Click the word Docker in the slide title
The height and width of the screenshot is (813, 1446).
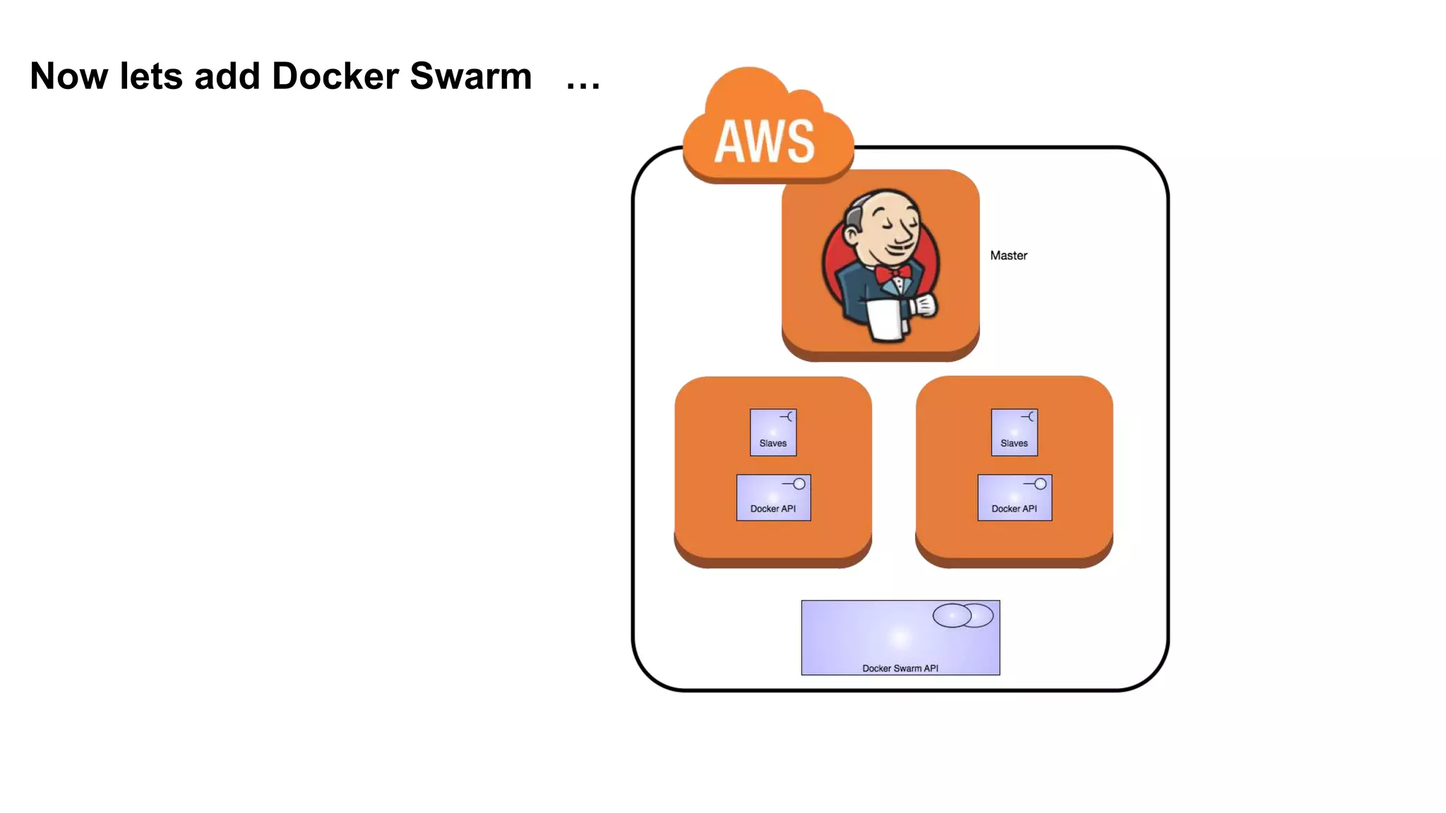335,76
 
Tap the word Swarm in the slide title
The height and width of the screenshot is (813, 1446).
470,76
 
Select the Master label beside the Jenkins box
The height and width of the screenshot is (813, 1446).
1008,255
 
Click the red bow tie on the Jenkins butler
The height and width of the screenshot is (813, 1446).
892,272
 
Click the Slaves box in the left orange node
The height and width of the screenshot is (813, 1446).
773,433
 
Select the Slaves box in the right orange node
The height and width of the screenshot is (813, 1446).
1014,433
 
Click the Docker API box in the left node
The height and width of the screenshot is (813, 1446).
773,498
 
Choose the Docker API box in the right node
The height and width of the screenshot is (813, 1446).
1015,498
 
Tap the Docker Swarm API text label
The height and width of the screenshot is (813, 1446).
900,668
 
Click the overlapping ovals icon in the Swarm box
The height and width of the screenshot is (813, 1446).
962,615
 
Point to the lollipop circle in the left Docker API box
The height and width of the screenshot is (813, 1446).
799,484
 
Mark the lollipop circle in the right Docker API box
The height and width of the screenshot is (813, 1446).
1040,484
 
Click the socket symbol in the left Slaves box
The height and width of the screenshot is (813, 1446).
788,417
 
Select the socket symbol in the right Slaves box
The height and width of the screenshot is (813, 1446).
1029,417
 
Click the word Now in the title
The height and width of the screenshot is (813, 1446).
69,76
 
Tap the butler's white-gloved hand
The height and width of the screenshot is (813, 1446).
924,305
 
